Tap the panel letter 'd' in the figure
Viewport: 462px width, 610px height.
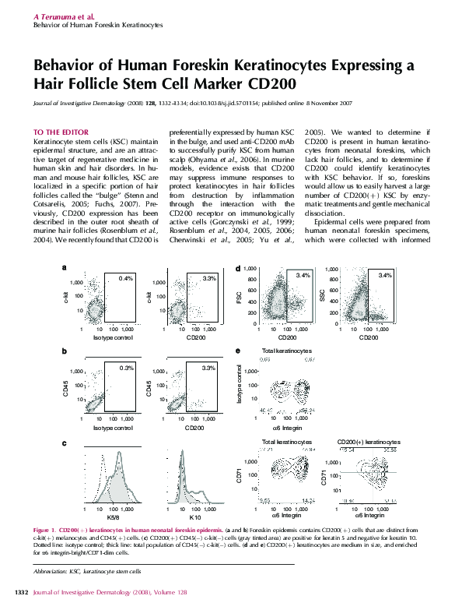(x=237, y=267)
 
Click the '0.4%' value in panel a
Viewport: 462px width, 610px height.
(x=127, y=278)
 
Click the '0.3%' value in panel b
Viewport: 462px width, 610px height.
(x=127, y=367)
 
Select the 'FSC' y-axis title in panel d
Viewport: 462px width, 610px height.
(x=240, y=297)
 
